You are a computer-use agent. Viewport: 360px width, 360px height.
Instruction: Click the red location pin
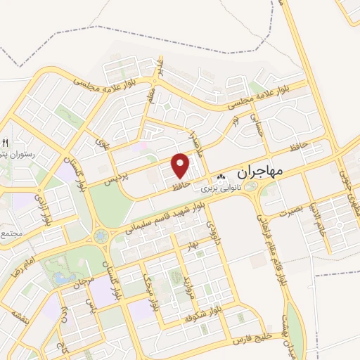[x=181, y=165]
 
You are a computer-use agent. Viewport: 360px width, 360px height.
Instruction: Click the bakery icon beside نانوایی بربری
[x=221, y=177]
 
